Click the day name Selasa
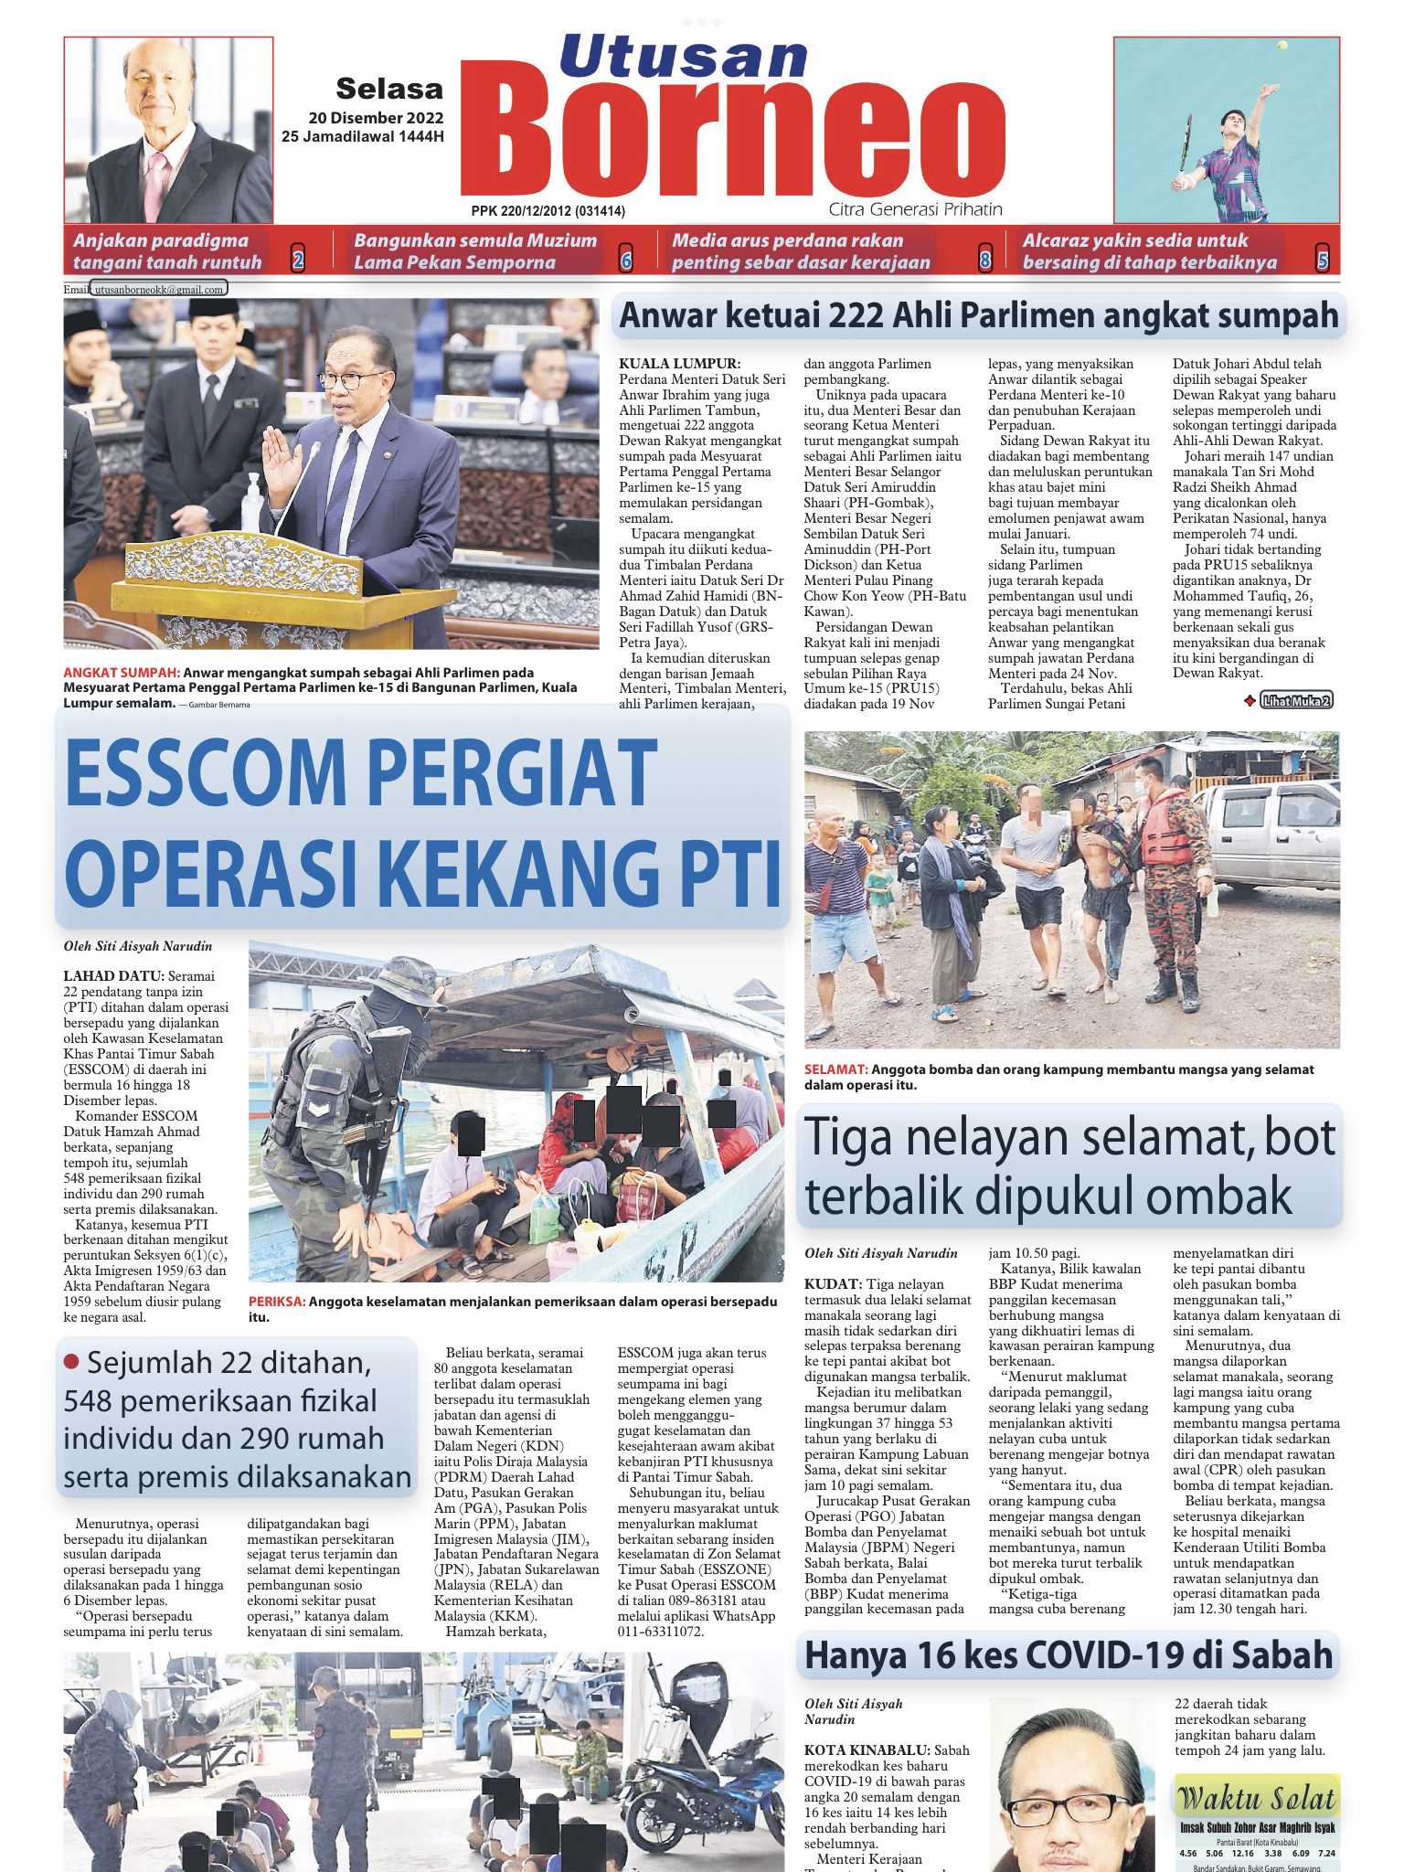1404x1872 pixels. (389, 89)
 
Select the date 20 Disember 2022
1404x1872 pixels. (376, 117)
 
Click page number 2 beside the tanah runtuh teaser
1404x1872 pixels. (298, 261)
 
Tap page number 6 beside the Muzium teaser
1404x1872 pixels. (626, 261)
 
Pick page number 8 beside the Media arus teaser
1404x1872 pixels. (985, 261)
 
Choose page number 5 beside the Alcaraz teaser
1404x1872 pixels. (1322, 261)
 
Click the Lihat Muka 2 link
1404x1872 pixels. (1296, 700)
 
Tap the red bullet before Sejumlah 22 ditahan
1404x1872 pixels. (72, 1361)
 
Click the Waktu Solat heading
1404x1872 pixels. (1256, 1799)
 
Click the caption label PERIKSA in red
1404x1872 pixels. (275, 1302)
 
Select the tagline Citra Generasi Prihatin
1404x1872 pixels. (915, 209)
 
